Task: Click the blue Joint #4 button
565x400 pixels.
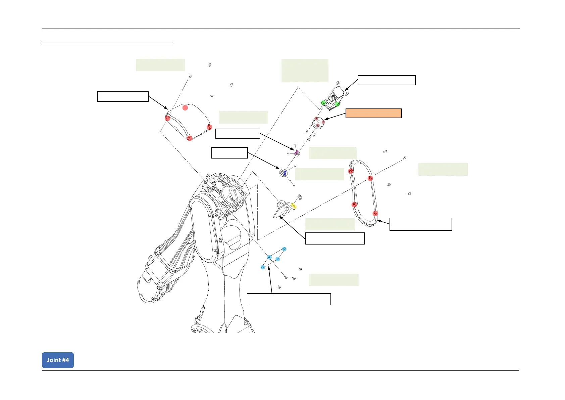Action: [58, 360]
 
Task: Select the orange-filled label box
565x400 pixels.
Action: [373, 113]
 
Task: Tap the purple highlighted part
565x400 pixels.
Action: [297, 153]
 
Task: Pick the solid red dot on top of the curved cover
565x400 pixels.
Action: [185, 108]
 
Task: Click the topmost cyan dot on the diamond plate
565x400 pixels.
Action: [284, 249]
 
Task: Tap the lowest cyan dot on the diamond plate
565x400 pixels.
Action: [263, 267]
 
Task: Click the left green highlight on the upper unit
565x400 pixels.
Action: [323, 103]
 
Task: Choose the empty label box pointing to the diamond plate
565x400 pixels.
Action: [289, 299]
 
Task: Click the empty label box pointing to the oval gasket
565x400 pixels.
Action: [420, 224]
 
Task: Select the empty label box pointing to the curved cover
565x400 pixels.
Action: [123, 96]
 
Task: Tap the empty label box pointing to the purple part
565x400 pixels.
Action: [237, 134]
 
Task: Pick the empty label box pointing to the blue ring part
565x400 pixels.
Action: [229, 152]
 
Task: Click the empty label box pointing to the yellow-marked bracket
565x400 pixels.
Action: [335, 238]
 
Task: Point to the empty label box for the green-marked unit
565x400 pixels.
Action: [387, 80]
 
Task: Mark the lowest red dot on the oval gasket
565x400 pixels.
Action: [375, 213]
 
